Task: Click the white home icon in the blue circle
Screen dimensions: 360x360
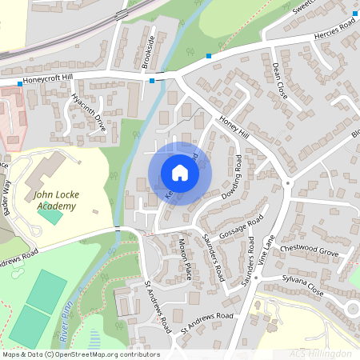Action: (180, 173)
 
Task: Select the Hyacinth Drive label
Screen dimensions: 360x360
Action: (89, 113)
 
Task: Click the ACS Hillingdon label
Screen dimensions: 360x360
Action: (321, 353)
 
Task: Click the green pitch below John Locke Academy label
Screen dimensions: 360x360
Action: (50, 214)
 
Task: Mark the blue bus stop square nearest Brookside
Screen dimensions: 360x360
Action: (152, 80)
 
